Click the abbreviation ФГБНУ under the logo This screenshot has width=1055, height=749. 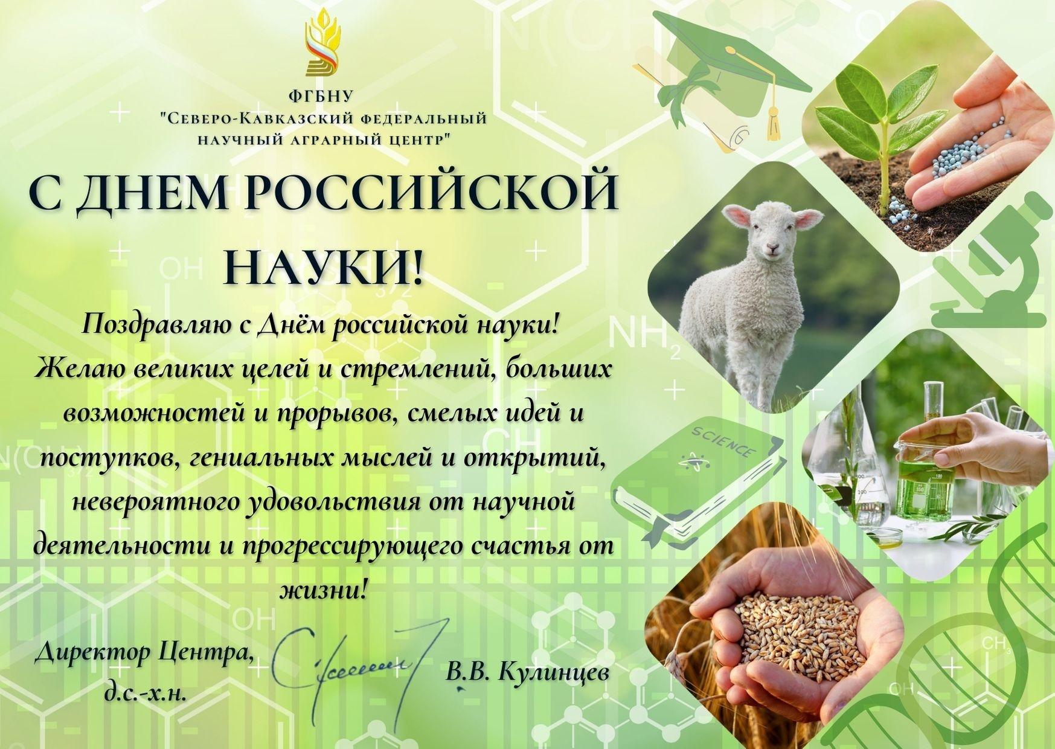(323, 97)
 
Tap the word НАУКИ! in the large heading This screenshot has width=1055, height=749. (324, 266)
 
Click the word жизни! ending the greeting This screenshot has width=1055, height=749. (324, 588)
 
